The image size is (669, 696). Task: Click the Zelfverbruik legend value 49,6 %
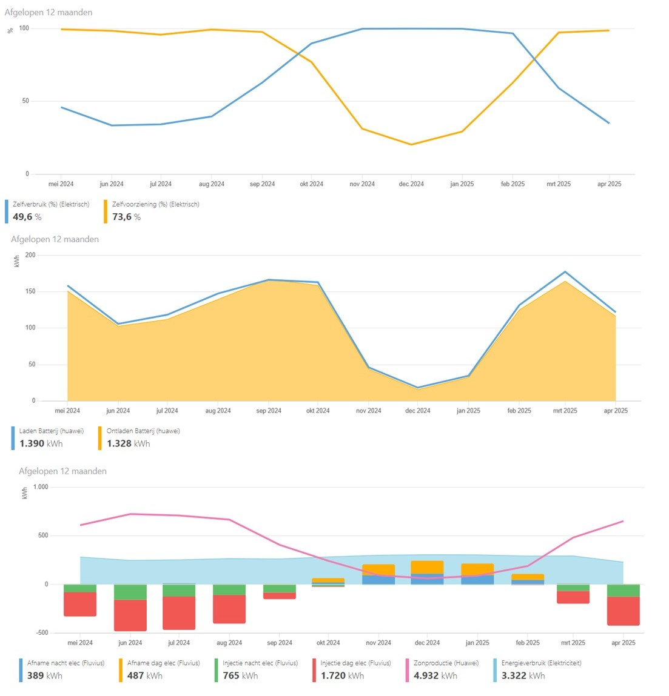coord(27,217)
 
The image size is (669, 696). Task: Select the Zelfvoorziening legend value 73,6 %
coord(126,217)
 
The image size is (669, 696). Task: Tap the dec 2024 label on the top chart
coord(411,184)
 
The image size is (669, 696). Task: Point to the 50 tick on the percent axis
coord(25,101)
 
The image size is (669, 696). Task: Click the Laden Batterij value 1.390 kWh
coord(41,443)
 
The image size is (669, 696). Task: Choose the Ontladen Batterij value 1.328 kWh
coord(128,443)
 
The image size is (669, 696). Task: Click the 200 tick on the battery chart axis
coord(30,255)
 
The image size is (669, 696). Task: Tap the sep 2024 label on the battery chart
coord(269,411)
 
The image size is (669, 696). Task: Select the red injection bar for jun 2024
coord(130,615)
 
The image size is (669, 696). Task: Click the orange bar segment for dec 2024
coord(427,567)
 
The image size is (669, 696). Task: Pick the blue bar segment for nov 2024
coord(378,580)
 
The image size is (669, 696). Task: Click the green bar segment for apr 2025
coord(624,591)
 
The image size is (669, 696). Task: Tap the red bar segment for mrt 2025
coord(573,597)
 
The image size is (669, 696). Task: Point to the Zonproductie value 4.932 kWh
coord(435,675)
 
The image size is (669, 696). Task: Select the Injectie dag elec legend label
coord(355,663)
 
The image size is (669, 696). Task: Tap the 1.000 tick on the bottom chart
coord(41,487)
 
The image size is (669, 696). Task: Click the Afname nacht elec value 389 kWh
coord(44,675)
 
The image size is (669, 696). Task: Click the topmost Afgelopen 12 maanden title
coord(49,12)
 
